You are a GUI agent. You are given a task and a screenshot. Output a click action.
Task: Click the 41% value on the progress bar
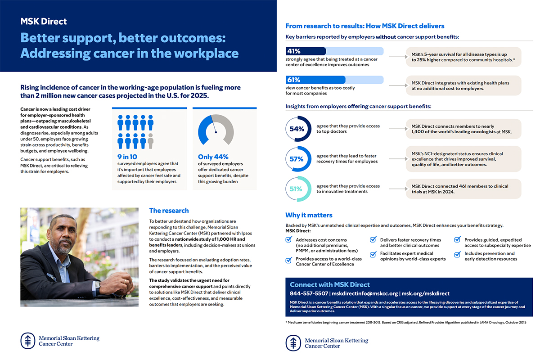294,51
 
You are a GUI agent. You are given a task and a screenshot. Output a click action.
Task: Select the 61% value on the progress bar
294,80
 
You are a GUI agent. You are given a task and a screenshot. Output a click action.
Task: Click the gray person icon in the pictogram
150,141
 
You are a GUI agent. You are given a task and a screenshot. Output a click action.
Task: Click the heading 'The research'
169,211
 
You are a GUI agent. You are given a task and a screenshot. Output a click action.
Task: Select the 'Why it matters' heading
309,215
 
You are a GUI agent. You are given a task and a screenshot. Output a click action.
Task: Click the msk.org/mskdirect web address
425,293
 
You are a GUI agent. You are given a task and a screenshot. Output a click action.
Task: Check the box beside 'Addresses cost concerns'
289,240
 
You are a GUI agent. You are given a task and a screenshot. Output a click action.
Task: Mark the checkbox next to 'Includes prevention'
458,253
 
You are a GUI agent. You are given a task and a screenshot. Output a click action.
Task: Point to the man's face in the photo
63,232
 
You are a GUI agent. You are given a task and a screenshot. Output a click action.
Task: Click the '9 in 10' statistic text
127,157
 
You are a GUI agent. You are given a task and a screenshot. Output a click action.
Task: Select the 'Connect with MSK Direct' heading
329,284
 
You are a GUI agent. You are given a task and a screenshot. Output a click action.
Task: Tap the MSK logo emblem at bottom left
27,341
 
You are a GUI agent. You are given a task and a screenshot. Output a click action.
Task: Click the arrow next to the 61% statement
396,85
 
